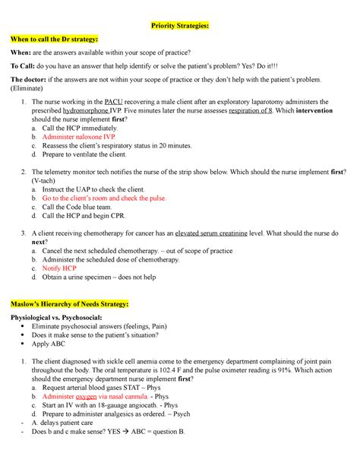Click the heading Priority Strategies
179,25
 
